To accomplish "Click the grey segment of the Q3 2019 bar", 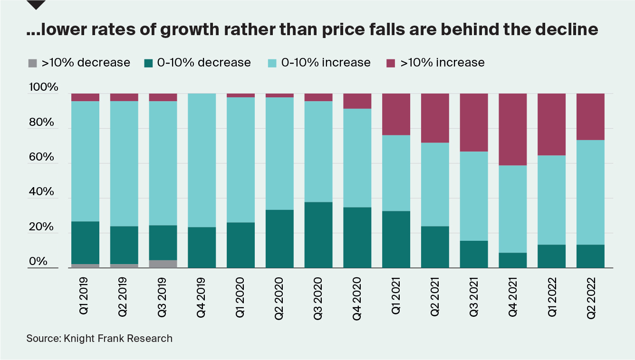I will tap(163, 264).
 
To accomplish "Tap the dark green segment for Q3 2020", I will tap(318, 235).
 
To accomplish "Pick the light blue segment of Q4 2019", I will tap(202, 160).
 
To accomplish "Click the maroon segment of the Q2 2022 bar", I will tap(590, 116).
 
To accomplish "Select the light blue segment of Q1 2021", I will tap(396, 173).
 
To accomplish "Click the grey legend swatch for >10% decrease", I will tap(32, 63).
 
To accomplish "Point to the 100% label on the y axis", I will tap(44, 88).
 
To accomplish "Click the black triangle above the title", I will tap(36, 4).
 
